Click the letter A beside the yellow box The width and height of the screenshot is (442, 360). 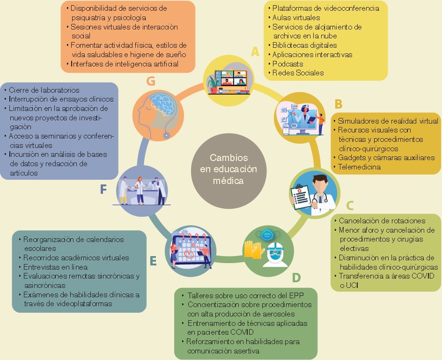pyautogui.click(x=255, y=51)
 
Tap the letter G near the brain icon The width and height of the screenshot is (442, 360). pyautogui.click(x=151, y=81)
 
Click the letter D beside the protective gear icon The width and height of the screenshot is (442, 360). pyautogui.click(x=296, y=278)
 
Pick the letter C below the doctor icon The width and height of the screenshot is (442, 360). pyautogui.click(x=349, y=205)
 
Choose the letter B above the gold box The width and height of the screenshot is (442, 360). pyautogui.click(x=339, y=103)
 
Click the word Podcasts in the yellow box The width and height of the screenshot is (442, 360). pyautogui.click(x=288, y=64)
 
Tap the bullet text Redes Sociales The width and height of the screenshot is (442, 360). pyautogui.click(x=298, y=73)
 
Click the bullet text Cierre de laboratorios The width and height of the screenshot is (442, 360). pyautogui.click(x=44, y=90)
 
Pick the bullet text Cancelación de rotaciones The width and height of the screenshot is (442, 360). pyautogui.click(x=382, y=220)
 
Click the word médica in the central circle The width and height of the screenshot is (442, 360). pyautogui.click(x=228, y=180)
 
